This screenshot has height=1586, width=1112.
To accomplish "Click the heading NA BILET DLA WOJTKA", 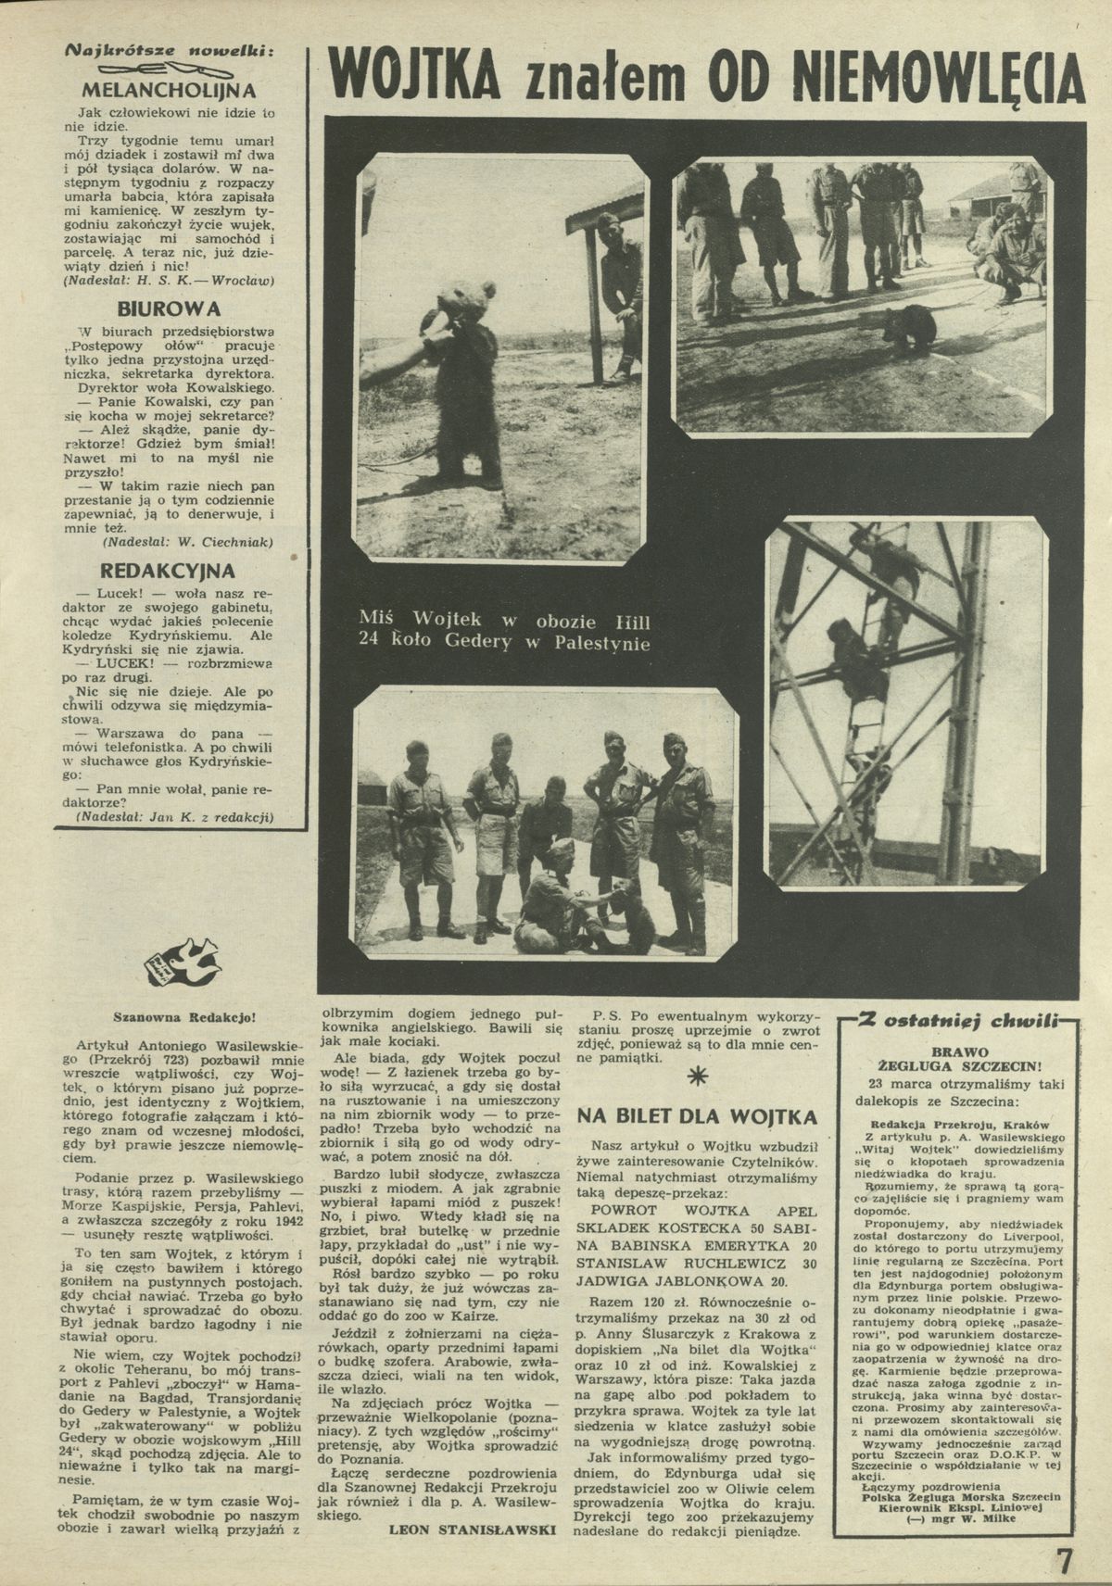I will (x=697, y=1116).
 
